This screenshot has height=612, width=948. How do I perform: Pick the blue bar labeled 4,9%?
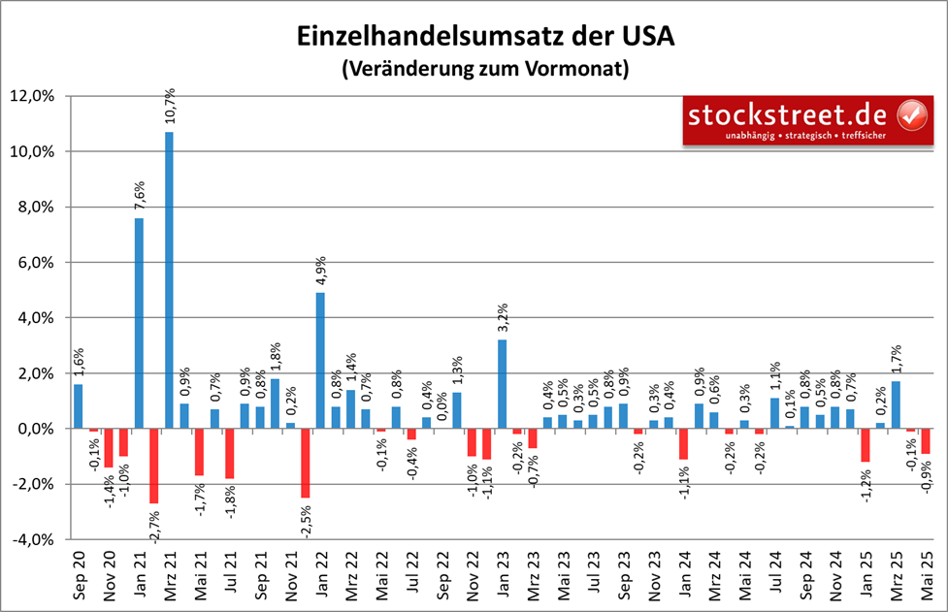[x=320, y=360]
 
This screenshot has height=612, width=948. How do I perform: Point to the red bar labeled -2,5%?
[x=306, y=463]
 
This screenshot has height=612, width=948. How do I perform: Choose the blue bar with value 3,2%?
[x=502, y=383]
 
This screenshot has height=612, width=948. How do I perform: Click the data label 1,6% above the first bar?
[x=78, y=363]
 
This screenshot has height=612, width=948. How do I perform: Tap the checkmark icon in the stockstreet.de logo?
[x=910, y=115]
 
